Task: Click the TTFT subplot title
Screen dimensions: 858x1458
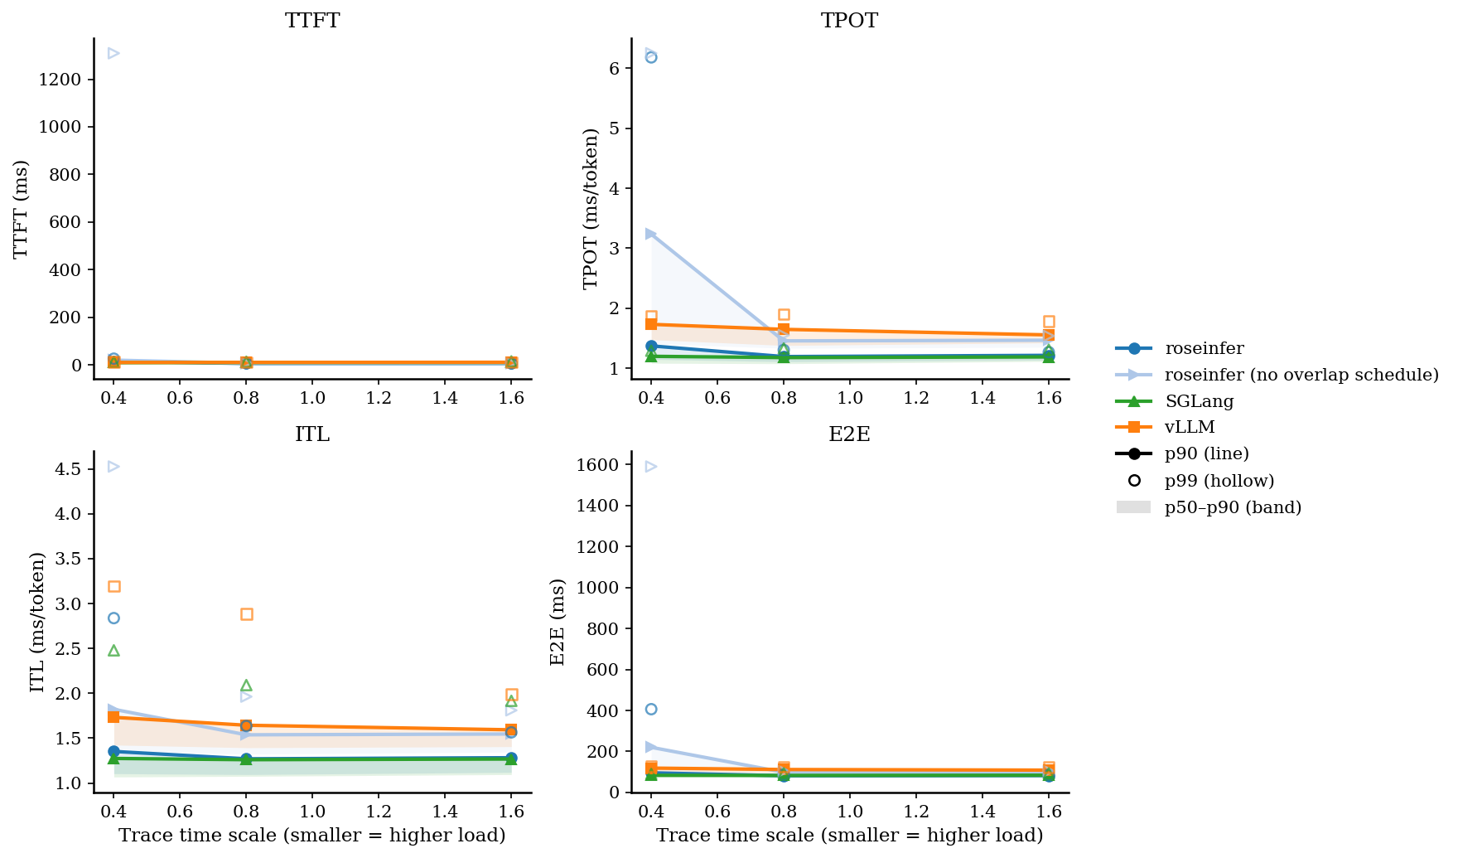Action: [312, 21]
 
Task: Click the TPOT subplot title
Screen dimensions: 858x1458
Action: [849, 21]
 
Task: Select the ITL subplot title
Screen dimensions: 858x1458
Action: [312, 434]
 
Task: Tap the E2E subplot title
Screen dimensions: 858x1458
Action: [849, 434]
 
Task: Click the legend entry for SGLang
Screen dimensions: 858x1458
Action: [1199, 401]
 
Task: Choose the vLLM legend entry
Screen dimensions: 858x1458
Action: [1189, 427]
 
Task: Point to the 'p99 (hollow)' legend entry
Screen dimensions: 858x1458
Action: [1219, 481]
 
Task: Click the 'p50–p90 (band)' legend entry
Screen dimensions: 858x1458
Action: [1233, 507]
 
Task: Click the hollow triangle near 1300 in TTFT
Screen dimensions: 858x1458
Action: [113, 54]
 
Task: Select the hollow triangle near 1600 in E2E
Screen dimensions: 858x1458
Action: [651, 467]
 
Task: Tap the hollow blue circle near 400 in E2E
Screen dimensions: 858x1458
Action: [651, 709]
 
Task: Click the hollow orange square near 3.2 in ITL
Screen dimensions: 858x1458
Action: [114, 587]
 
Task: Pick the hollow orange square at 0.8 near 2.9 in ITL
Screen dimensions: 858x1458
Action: [246, 614]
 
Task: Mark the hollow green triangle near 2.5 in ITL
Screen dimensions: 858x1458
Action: [114, 651]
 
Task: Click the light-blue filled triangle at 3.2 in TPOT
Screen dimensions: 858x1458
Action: [651, 234]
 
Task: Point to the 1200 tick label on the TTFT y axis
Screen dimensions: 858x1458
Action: [60, 80]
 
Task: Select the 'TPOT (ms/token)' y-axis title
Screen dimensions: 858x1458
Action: [591, 209]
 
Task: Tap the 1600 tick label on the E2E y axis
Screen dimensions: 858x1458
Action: [598, 465]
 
